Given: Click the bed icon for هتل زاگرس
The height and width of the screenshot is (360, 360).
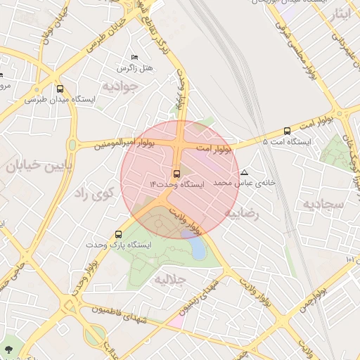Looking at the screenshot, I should click(x=134, y=57).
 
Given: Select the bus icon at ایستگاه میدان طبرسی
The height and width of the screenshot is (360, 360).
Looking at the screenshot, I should click(x=60, y=89).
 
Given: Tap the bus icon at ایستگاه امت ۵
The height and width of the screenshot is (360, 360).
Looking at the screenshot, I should click(x=287, y=131).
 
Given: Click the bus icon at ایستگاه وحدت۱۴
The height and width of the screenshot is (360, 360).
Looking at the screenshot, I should click(x=176, y=174).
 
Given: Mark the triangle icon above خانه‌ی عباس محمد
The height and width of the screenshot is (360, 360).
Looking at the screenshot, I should click(x=244, y=172).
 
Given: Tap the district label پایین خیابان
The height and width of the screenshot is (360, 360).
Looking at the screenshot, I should click(x=35, y=167).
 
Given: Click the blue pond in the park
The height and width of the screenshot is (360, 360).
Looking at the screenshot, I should click(x=199, y=248).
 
